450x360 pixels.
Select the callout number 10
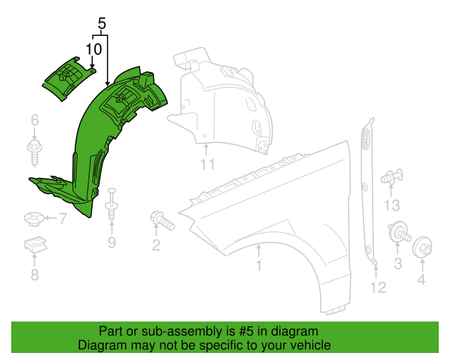(94, 49)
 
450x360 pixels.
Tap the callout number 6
(34, 122)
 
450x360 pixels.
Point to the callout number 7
(62, 219)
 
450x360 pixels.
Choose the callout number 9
(111, 243)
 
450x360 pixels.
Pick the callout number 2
(156, 245)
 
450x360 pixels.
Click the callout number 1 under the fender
(258, 266)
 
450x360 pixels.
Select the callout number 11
(207, 165)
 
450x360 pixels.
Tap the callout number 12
(378, 287)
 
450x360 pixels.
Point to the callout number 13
(392, 205)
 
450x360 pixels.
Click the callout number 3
(397, 264)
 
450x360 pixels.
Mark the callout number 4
(422, 282)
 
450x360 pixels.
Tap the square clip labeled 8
(32, 246)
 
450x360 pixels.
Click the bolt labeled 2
(161, 221)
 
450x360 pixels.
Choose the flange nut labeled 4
(422, 248)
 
